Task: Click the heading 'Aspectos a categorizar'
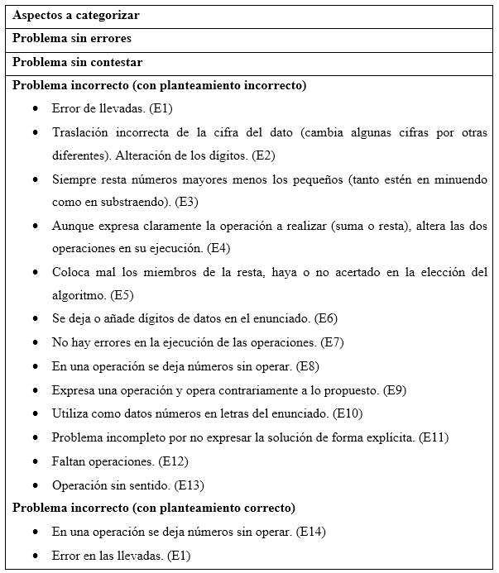76,16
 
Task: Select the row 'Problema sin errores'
72,39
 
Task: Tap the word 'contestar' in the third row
116,62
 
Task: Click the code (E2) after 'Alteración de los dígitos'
264,155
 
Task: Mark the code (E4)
218,248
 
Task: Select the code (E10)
348,413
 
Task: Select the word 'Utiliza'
70,413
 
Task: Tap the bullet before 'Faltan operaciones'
35,461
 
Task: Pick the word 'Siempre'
73,179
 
